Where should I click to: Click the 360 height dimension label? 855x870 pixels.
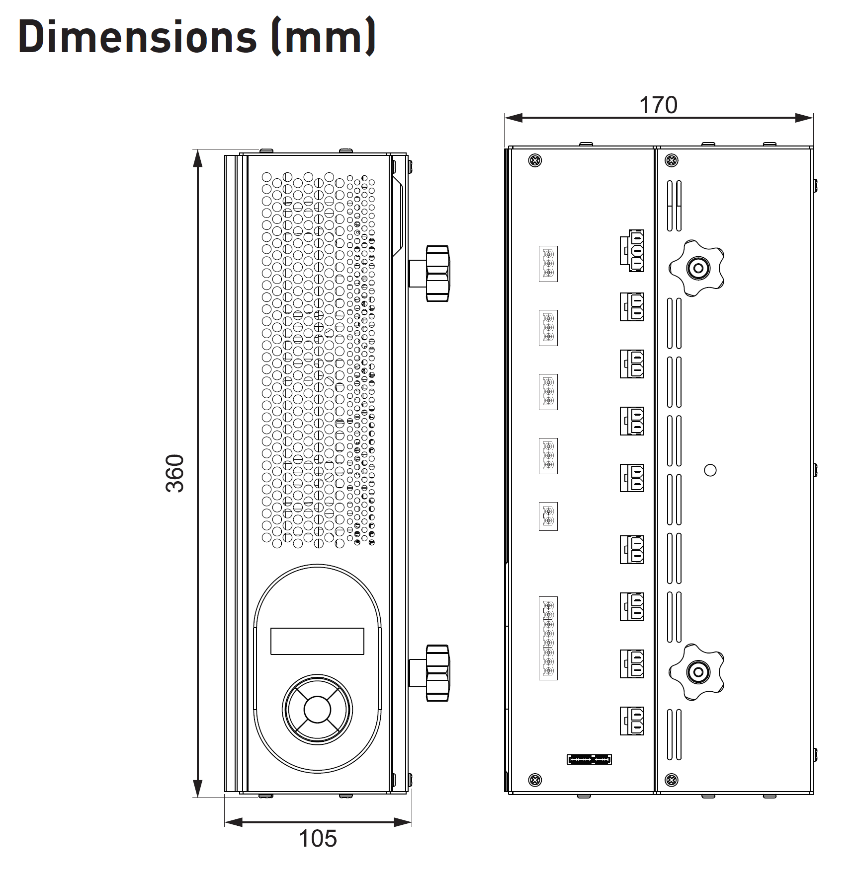pos(174,473)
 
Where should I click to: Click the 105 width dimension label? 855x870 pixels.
pos(318,839)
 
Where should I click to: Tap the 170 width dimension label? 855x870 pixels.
pos(658,105)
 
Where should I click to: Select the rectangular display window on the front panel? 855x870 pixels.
pos(317,641)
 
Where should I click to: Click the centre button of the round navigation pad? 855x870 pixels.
pos(317,709)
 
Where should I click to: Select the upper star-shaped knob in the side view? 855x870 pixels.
pos(697,269)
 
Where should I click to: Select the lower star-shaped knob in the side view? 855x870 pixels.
pos(697,672)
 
